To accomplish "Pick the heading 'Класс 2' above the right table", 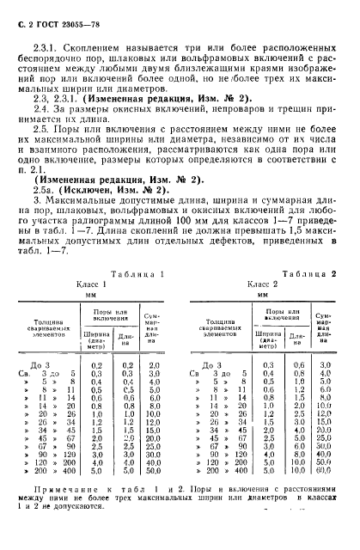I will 262,283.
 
